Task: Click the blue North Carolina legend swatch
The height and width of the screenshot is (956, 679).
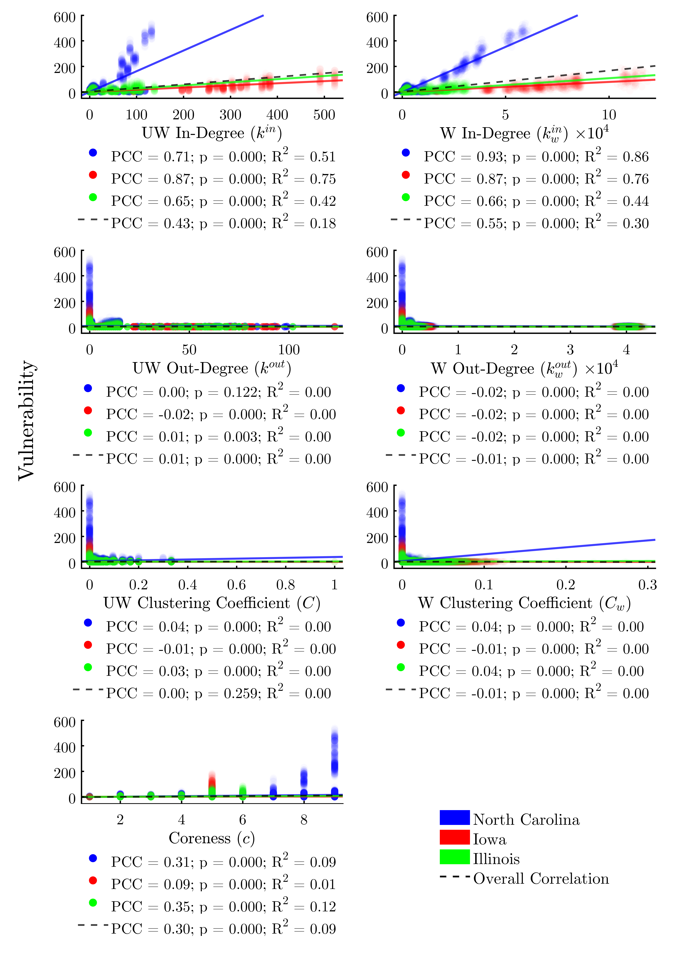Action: coord(454,818)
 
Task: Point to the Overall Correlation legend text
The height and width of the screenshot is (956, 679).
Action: coord(541,879)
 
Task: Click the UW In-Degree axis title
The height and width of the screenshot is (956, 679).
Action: coord(212,133)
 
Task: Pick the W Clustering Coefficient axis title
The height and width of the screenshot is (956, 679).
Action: coord(524,603)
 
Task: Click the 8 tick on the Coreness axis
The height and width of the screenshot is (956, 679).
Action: coord(304,820)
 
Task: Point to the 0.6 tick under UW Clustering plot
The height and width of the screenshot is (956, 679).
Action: coord(237,585)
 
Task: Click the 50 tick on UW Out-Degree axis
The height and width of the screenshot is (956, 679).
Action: coord(189,350)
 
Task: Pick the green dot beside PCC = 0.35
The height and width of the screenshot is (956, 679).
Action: coord(93,903)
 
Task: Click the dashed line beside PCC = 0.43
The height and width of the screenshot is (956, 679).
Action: coord(93,219)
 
